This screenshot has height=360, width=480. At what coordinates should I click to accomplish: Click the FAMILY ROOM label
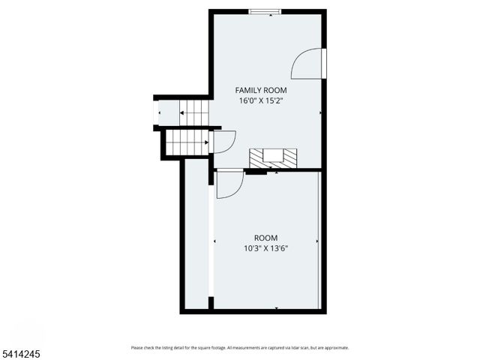pyautogui.click(x=261, y=90)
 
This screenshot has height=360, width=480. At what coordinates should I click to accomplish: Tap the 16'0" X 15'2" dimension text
pyautogui.click(x=261, y=100)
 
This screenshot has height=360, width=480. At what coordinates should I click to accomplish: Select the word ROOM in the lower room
pyautogui.click(x=265, y=238)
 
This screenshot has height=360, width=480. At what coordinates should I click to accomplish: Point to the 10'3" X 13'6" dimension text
pyautogui.click(x=265, y=248)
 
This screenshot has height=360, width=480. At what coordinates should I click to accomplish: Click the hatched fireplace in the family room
pyautogui.click(x=273, y=157)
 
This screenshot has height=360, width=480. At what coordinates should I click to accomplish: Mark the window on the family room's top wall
pyautogui.click(x=265, y=11)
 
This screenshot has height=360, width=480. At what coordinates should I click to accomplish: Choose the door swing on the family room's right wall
pyautogui.click(x=308, y=64)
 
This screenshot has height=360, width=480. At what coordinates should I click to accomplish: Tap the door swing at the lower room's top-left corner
pyautogui.click(x=229, y=184)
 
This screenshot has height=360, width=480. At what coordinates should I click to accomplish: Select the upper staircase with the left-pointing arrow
pyautogui.click(x=193, y=113)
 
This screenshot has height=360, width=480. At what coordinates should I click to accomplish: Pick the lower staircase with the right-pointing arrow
pyautogui.click(x=187, y=141)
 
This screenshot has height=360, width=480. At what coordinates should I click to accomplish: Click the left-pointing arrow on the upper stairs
pyautogui.click(x=182, y=113)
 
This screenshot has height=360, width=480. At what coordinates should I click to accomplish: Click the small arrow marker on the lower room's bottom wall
pyautogui.click(x=277, y=307)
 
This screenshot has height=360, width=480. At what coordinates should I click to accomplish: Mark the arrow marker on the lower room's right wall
pyautogui.click(x=317, y=241)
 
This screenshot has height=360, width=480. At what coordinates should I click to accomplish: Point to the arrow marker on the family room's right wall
pyautogui.click(x=320, y=113)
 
